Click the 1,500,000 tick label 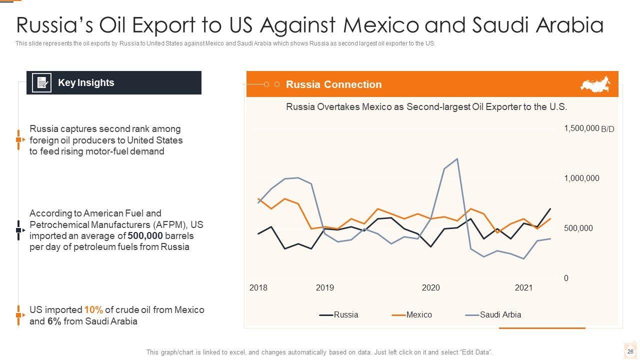(581, 128)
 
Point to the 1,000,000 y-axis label (581, 178)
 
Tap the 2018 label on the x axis (258, 288)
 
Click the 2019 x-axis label (325, 288)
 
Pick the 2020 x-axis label (430, 288)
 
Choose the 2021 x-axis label (523, 288)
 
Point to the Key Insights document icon (41, 83)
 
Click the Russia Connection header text (333, 84)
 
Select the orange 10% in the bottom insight (93, 310)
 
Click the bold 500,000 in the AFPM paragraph (145, 235)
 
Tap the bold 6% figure (54, 321)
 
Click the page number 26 (630, 351)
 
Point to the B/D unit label (607, 129)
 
